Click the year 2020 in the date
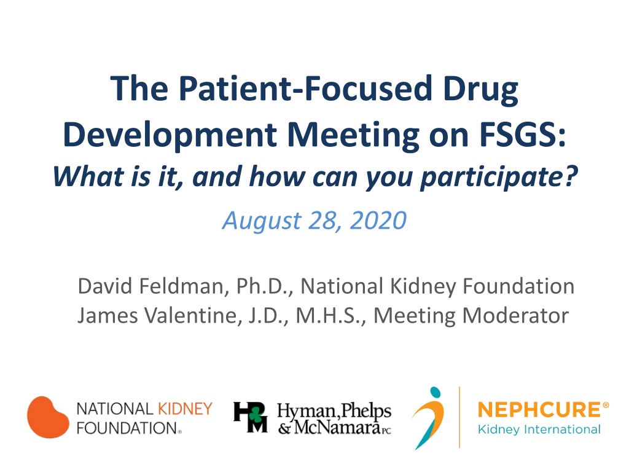[378, 221]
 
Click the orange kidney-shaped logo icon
[48, 417]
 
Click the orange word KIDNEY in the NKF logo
[186, 409]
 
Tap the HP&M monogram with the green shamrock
[251, 417]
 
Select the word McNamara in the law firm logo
[337, 428]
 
